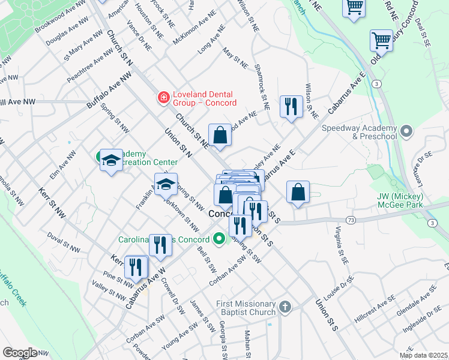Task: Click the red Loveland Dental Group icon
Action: click(x=162, y=97)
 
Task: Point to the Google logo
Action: click(x=20, y=352)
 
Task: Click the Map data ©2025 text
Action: click(x=423, y=355)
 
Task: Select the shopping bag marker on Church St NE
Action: click(x=220, y=136)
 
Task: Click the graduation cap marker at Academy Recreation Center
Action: click(x=111, y=161)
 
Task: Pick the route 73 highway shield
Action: click(x=351, y=221)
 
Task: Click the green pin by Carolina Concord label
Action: click(x=219, y=239)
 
